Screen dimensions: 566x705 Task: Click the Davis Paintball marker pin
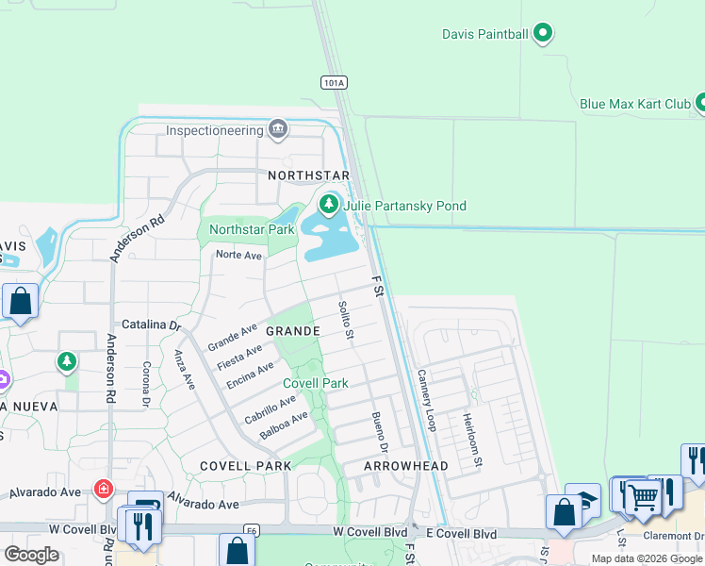542,34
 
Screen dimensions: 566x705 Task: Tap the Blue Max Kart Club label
635,104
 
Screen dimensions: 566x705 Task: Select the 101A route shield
334,83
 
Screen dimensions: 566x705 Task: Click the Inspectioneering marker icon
278,128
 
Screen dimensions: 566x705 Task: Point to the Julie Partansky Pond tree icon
329,204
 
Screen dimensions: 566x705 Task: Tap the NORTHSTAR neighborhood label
308,175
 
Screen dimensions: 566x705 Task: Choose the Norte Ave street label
238,256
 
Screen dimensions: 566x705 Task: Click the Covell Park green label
316,383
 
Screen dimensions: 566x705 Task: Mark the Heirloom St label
471,441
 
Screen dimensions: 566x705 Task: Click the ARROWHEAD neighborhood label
406,466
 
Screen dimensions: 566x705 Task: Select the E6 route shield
251,530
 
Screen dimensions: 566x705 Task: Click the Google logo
31,554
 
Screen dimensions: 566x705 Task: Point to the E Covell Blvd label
461,534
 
